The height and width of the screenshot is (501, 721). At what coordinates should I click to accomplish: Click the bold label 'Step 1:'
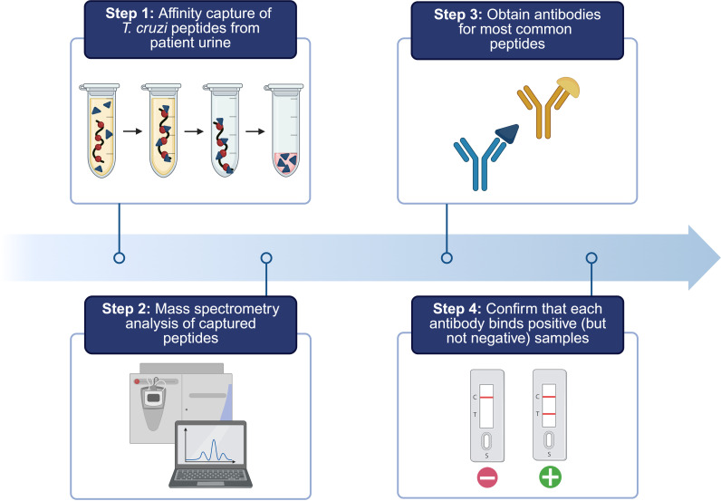point(130,14)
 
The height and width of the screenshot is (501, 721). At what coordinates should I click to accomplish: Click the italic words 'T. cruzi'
point(145,28)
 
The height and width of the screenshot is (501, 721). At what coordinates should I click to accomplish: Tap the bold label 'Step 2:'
point(127,308)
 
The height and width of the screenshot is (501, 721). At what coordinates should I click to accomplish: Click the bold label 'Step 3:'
point(458,14)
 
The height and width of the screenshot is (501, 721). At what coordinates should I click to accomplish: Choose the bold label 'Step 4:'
point(457,308)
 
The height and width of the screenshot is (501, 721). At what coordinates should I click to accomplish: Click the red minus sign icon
point(487,477)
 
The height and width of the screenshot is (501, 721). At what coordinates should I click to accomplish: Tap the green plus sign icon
point(550,477)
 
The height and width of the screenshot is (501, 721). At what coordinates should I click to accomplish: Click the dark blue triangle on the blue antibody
point(508,133)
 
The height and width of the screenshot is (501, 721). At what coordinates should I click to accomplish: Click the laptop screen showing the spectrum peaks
point(211,446)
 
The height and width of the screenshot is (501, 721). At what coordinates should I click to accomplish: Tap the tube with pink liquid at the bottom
point(284,130)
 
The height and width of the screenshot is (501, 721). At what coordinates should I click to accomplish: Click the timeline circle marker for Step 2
point(266,258)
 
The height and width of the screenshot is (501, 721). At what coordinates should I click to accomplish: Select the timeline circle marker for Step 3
point(447,258)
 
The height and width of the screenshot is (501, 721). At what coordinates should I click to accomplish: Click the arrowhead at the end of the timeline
point(704,257)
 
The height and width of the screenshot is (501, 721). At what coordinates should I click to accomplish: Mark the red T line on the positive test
point(549,414)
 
